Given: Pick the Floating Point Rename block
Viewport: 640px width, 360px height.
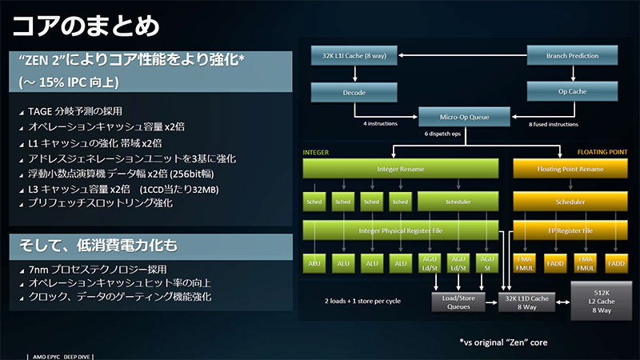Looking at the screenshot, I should (570, 169).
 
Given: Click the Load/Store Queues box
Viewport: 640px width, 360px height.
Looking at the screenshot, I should (454, 302).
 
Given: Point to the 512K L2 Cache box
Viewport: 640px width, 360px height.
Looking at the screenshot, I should (596, 302).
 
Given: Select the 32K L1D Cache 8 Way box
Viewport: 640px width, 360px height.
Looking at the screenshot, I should (525, 302).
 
